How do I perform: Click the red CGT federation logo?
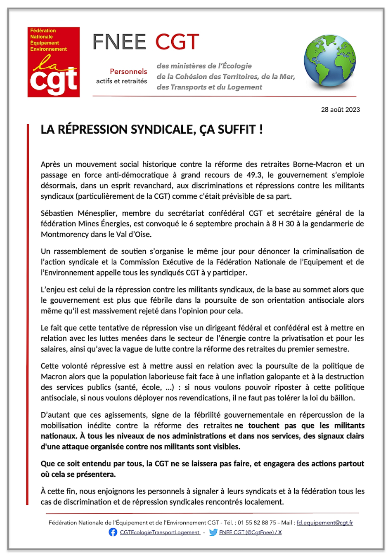[54, 62]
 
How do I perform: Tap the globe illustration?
[329, 61]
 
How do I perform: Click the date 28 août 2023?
[341, 110]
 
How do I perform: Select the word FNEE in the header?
[119, 42]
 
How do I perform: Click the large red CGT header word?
[177, 42]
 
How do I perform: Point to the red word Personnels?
[128, 71]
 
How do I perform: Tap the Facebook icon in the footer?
[113, 532]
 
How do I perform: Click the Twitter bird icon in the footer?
[213, 532]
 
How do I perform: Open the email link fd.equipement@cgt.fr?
[325, 522]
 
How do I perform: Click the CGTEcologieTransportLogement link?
[160, 532]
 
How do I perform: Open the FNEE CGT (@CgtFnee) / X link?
[251, 532]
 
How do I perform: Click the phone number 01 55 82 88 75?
[257, 522]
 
